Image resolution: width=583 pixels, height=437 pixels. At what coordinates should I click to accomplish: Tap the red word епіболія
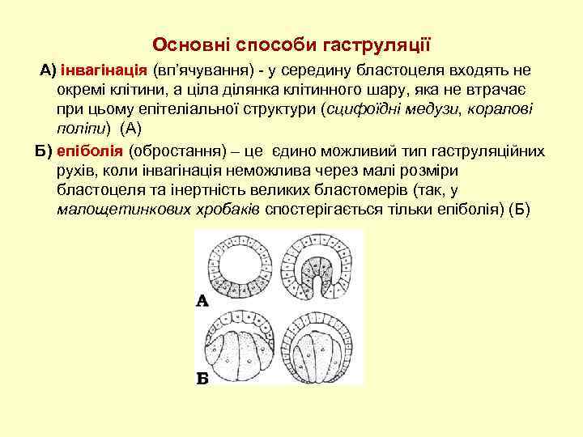click(89, 151)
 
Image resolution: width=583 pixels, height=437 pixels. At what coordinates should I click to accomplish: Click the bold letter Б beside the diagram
click(203, 378)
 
